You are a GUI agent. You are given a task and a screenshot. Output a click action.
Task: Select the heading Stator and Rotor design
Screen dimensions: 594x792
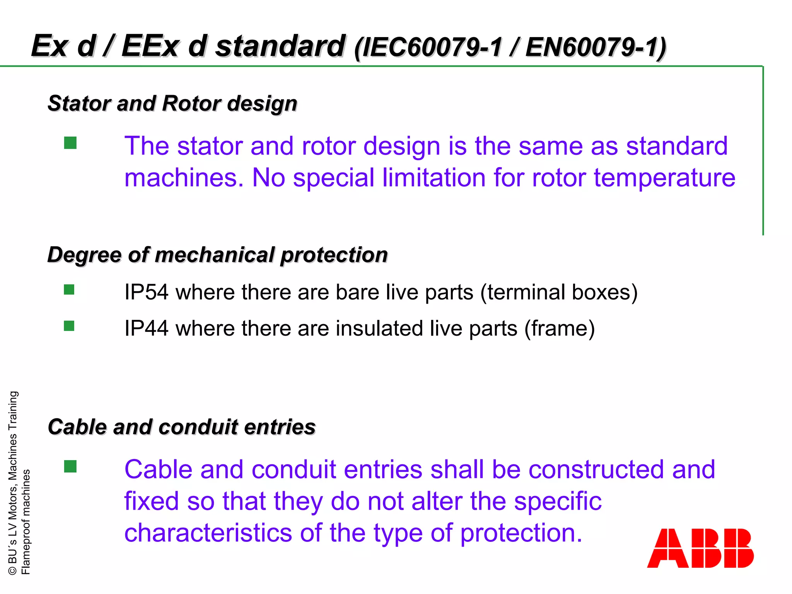(172, 104)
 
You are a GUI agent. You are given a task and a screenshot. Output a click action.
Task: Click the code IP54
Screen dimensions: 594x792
(147, 292)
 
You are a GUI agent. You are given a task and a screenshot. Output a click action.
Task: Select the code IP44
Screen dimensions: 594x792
(147, 328)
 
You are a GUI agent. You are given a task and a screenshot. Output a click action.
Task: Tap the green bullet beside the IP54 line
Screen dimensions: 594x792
(69, 290)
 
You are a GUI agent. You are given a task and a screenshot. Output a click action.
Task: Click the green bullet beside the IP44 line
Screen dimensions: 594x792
(69, 326)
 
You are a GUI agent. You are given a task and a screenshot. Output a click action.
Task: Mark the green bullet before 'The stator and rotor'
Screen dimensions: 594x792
(70, 143)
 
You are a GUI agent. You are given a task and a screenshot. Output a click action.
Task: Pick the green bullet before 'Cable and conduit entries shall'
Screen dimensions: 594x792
(70, 466)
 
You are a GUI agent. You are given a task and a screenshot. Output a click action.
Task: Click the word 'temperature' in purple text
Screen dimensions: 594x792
(664, 178)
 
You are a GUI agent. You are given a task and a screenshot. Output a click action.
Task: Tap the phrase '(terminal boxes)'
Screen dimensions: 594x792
(559, 292)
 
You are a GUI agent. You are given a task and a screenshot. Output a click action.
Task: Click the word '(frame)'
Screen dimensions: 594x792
(559, 328)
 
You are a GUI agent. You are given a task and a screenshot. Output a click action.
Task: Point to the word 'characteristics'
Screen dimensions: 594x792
(208, 533)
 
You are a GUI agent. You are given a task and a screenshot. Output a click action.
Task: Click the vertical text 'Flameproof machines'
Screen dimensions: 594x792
(26, 522)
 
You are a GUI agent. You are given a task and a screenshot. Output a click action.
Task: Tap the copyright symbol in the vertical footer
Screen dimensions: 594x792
(12, 570)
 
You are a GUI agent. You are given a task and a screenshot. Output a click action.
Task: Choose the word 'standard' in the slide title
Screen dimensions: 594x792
(280, 46)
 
